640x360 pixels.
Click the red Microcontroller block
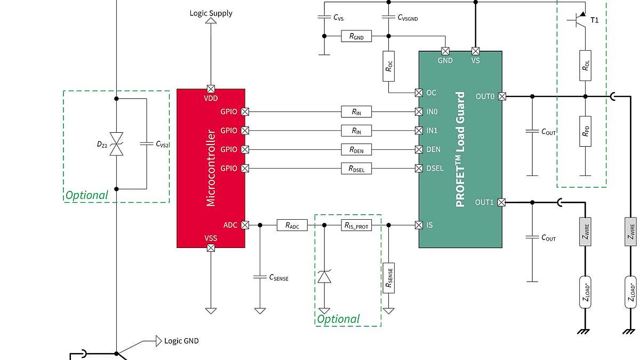click(x=211, y=168)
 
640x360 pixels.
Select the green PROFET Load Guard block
click(x=460, y=149)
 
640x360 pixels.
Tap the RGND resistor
click(x=356, y=36)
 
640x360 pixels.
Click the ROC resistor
click(x=389, y=66)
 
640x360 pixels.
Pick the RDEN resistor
click(x=356, y=150)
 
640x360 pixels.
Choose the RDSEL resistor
click(x=356, y=169)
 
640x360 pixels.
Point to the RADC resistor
click(x=292, y=226)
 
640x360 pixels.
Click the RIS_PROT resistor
click(x=356, y=226)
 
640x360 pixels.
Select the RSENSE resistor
click(x=389, y=277)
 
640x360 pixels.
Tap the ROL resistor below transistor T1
click(x=585, y=66)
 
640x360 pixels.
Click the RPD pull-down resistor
click(x=585, y=131)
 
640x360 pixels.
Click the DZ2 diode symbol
click(x=116, y=145)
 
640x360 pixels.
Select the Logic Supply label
click(x=211, y=13)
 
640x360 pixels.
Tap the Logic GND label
click(x=181, y=341)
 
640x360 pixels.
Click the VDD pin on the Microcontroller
click(x=211, y=89)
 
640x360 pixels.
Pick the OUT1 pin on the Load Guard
click(x=501, y=203)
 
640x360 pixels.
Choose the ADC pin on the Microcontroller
click(x=245, y=226)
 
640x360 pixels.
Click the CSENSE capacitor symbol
click(x=260, y=277)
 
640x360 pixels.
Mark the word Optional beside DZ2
click(x=86, y=195)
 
